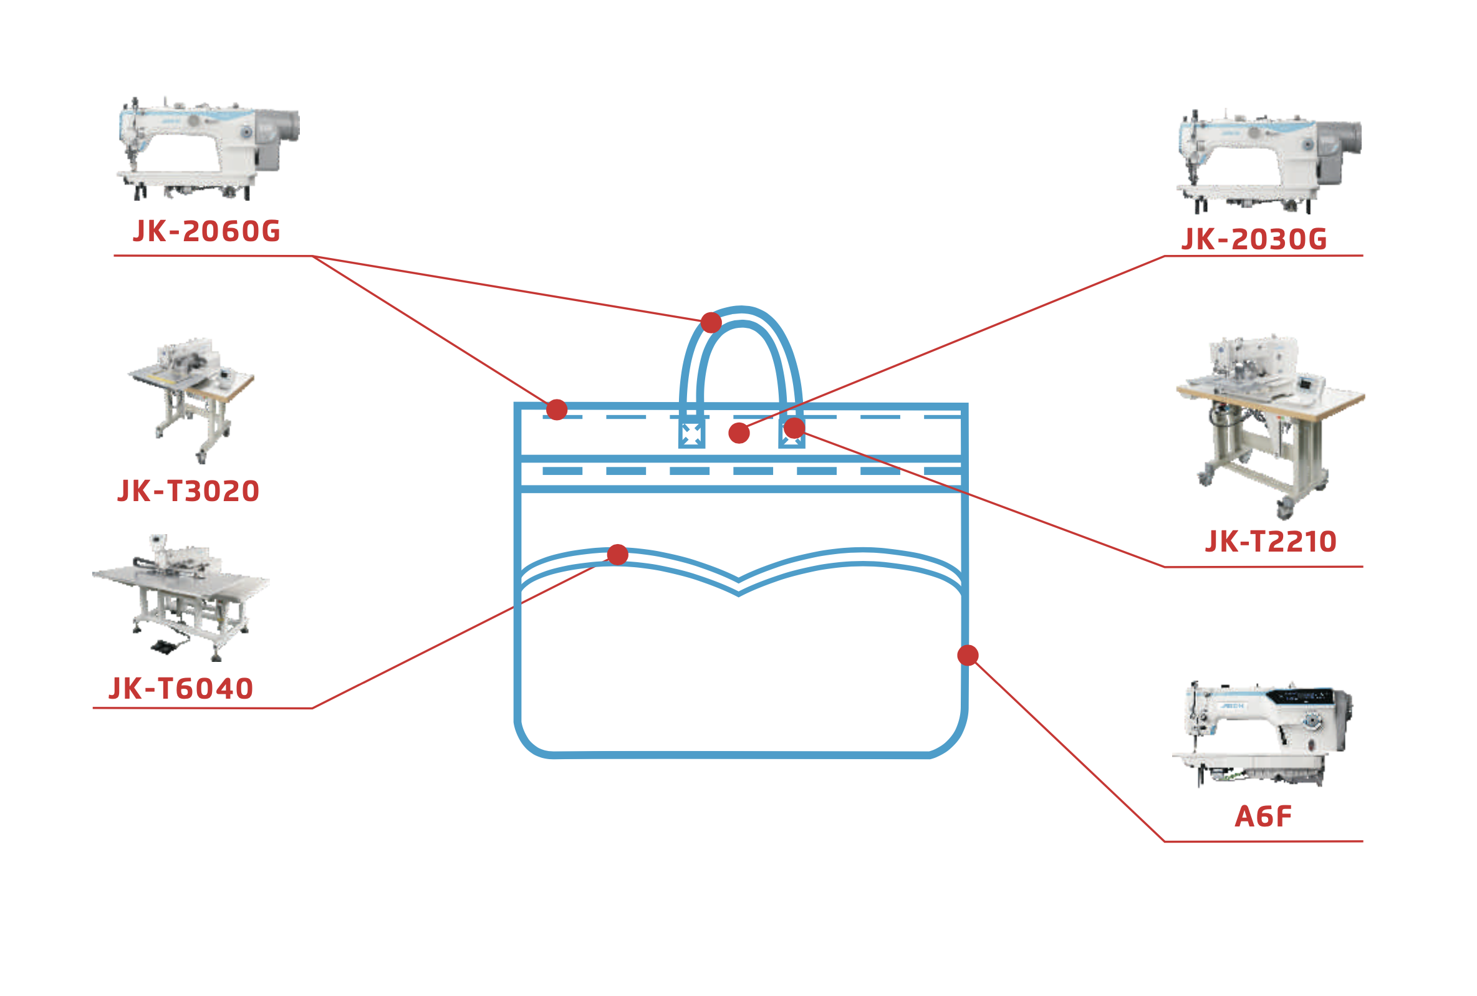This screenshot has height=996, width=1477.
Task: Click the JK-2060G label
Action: (x=206, y=231)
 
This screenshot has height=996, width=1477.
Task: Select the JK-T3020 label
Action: (x=189, y=491)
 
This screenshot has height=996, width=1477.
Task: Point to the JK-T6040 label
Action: (x=181, y=689)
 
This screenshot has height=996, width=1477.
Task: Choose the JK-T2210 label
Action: (x=1271, y=542)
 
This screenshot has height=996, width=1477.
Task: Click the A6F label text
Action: (x=1263, y=817)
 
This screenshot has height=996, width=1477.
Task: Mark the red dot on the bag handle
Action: (x=711, y=323)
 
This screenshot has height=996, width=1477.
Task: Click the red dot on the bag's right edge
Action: (x=968, y=656)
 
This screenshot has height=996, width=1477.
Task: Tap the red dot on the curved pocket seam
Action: (x=617, y=555)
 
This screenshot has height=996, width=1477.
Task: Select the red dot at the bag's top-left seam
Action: (x=557, y=409)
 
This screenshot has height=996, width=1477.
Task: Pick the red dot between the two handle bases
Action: (x=739, y=433)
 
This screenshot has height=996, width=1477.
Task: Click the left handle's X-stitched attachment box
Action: (x=691, y=435)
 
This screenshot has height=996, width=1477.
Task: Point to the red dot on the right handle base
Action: (x=794, y=428)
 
